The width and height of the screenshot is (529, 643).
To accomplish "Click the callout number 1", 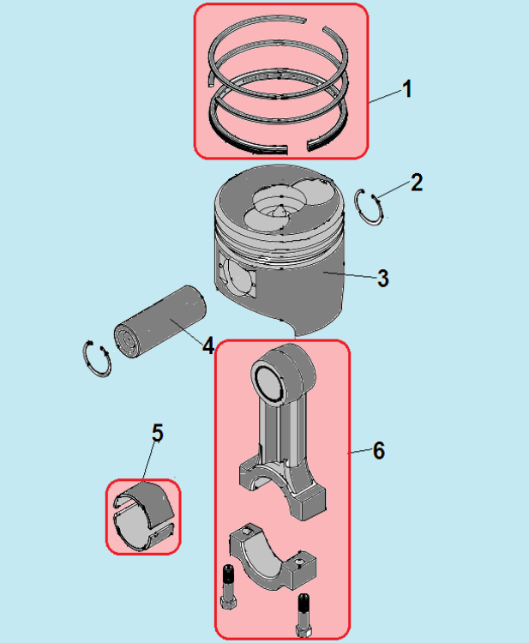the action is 406,89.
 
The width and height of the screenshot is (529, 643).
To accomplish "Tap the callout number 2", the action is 416,183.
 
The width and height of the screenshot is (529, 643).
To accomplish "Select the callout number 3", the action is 382,278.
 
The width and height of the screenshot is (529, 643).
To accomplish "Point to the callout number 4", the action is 208,346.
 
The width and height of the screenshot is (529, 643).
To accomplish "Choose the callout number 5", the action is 158,433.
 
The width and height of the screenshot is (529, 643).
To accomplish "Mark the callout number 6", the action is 378,451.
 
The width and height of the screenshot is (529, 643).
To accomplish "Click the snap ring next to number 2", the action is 369,207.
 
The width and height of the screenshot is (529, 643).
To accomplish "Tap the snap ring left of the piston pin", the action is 97,359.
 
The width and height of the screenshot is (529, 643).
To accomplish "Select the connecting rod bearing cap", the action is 273,556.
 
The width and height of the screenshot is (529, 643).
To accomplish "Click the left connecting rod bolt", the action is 228,586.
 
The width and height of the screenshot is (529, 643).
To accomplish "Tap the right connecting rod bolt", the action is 304,615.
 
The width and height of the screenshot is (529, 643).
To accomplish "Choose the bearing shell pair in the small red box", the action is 143,517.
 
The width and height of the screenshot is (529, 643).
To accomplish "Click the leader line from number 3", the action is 350,275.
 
